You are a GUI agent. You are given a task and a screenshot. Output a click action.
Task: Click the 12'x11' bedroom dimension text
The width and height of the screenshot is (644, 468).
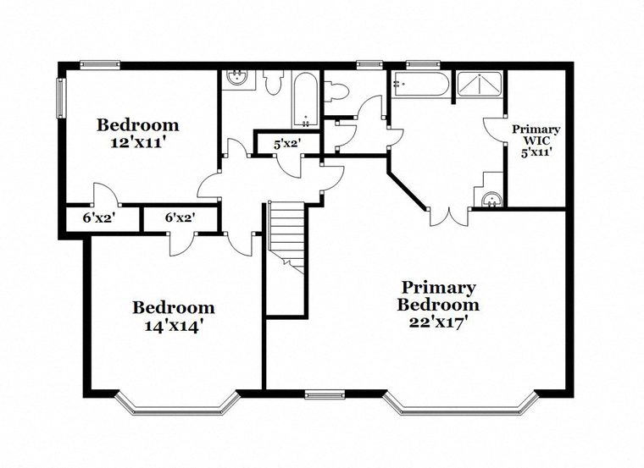[x=138, y=143]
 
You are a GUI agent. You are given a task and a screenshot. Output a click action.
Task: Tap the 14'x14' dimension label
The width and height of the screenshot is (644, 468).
[x=175, y=326]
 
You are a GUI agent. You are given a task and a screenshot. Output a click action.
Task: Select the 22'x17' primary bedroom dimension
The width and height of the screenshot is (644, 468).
[x=439, y=322]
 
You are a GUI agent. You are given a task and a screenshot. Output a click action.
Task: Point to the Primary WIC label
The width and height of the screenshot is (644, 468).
[x=536, y=135]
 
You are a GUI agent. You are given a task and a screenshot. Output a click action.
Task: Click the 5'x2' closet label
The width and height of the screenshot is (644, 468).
[x=288, y=144]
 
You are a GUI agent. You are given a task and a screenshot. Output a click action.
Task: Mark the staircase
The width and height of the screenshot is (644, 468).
[x=286, y=238]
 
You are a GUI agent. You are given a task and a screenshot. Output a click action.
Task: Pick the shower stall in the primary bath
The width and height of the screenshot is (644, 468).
[x=480, y=85]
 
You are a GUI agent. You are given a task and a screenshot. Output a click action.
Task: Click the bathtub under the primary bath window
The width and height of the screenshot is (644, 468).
[x=419, y=84]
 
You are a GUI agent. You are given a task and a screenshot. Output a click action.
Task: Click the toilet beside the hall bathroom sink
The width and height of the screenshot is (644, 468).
[x=273, y=81]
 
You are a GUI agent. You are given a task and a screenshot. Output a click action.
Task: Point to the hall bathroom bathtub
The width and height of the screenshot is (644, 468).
[x=305, y=100]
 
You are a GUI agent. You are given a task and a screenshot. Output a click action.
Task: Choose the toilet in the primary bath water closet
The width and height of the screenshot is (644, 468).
[x=336, y=90]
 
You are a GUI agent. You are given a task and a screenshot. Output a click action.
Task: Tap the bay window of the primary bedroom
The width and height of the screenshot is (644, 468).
[x=461, y=403]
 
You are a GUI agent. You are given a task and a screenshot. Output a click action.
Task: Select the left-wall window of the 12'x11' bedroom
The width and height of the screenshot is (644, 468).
[x=61, y=98]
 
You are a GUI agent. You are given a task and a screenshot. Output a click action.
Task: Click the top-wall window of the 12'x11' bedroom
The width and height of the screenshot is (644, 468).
[x=100, y=64]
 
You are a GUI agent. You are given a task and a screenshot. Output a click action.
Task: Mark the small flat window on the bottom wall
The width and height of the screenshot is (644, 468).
[x=325, y=395]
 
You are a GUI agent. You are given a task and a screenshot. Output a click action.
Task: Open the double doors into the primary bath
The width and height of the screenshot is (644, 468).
[x=450, y=217]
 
